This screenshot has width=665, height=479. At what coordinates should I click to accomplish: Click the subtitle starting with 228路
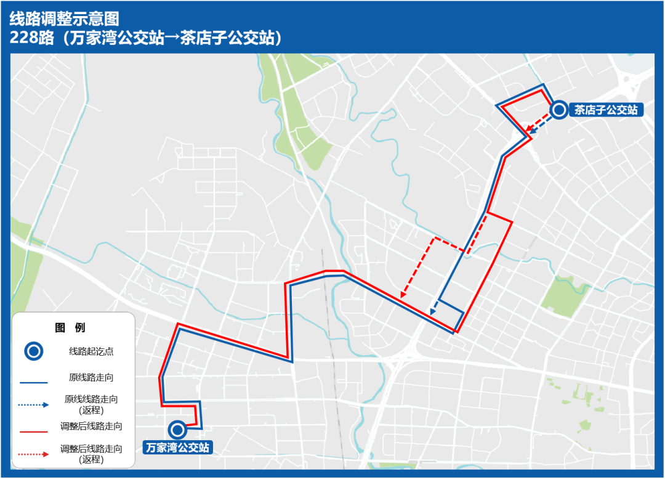pyautogui.click(x=146, y=38)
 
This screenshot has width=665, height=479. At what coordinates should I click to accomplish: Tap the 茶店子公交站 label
pyautogui.click(x=606, y=110)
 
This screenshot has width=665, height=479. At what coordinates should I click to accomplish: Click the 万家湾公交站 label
pyautogui.click(x=177, y=448)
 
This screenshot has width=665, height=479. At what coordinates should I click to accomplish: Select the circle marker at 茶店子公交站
pyautogui.click(x=559, y=110)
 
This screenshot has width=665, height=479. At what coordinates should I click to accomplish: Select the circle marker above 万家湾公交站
pyautogui.click(x=178, y=430)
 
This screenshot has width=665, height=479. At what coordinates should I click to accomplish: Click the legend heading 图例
pyautogui.click(x=70, y=327)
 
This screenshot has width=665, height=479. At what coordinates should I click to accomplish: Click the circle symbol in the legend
pyautogui.click(x=34, y=352)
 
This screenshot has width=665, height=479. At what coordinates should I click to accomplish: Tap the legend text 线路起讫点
pyautogui.click(x=91, y=352)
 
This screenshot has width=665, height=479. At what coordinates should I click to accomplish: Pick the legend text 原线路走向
pyautogui.click(x=91, y=377)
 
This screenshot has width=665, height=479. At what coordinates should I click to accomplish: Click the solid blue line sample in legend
pyautogui.click(x=34, y=383)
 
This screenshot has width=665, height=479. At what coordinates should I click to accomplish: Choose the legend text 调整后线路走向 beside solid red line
pyautogui.click(x=91, y=426)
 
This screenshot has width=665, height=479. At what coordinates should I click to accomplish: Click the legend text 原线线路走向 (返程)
pyautogui.click(x=91, y=404)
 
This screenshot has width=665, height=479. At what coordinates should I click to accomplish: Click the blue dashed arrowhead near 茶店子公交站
pyautogui.click(x=534, y=131)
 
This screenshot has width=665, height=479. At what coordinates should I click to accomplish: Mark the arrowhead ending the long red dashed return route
pyautogui.click(x=403, y=295)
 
